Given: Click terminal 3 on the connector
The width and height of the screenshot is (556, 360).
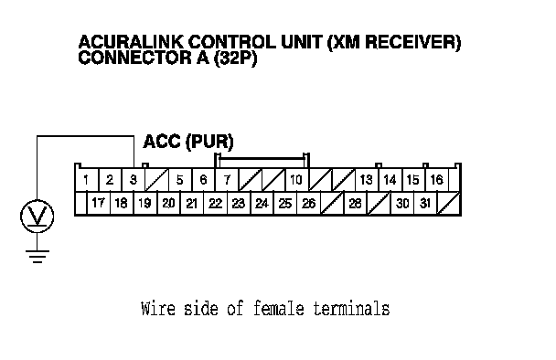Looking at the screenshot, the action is (134, 180).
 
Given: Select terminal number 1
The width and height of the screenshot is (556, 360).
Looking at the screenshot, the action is (86, 180).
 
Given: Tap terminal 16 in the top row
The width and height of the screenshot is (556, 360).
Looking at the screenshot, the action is (437, 180).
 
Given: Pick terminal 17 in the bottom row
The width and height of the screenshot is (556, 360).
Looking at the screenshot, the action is (98, 204).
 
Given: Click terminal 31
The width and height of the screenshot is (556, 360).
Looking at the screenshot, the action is (425, 204).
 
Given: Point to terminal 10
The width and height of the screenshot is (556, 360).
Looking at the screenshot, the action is (296, 180).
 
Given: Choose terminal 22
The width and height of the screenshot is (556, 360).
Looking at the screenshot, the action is (215, 204).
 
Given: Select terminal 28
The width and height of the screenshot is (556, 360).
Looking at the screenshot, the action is (356, 204).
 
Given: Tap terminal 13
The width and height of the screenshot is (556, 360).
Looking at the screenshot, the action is (367, 180).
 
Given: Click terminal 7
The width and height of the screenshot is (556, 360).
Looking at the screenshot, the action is (227, 180).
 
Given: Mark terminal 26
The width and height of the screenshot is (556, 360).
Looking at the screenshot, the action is (308, 204).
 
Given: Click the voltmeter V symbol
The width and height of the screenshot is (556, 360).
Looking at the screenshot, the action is (37, 217).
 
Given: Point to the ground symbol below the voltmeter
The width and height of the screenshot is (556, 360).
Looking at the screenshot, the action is (37, 257).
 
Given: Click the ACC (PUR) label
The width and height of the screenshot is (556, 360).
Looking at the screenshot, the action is (188, 142).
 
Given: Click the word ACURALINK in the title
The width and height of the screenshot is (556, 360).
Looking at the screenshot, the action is (131, 42).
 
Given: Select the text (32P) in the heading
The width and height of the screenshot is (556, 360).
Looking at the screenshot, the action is (235, 58).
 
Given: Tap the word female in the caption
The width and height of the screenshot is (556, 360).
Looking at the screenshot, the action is (279, 308).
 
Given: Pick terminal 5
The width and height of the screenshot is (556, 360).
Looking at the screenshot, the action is (180, 180).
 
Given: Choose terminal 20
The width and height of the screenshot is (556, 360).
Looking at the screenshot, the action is (168, 204).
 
